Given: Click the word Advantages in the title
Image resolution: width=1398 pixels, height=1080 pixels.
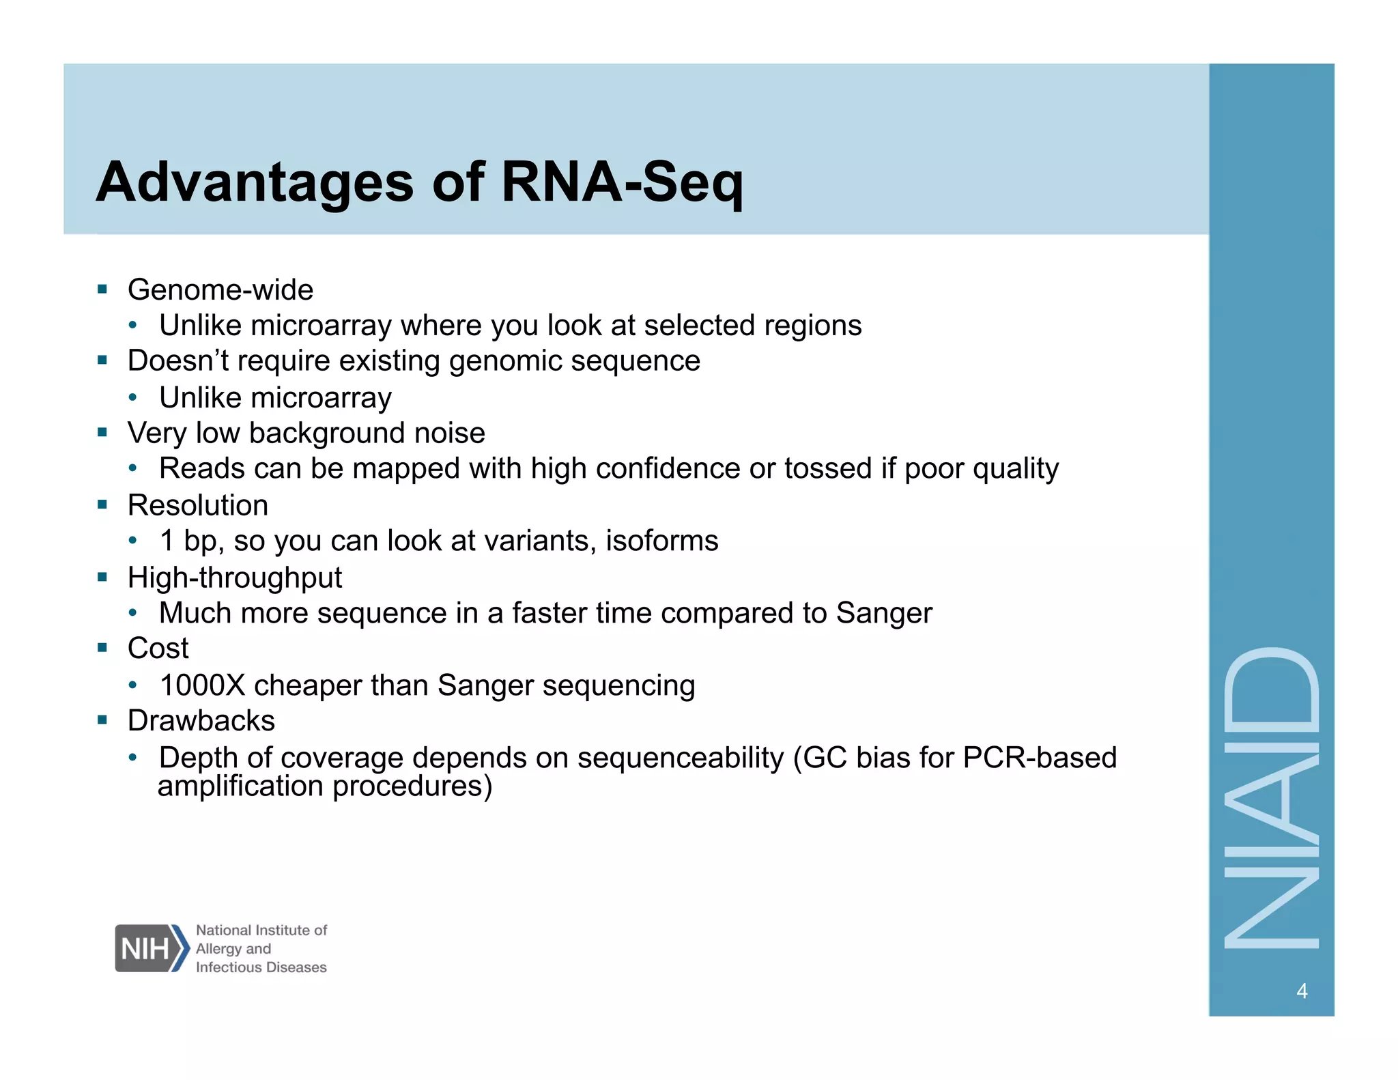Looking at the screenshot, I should click(255, 182).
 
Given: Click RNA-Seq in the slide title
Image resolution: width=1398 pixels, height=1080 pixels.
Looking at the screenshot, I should click(622, 182).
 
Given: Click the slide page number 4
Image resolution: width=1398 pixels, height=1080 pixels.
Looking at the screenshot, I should click(1301, 991).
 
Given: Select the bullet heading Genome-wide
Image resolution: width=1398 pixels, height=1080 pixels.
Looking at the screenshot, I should click(220, 290).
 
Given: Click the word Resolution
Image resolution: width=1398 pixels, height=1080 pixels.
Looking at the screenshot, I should click(198, 506).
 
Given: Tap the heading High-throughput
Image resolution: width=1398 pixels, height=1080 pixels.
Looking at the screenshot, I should click(234, 578).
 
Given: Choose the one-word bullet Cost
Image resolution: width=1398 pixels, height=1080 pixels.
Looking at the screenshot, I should click(158, 649).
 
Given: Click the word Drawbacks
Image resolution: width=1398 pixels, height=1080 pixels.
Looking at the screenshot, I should click(201, 721).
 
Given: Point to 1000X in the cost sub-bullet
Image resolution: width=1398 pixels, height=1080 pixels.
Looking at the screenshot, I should click(202, 685).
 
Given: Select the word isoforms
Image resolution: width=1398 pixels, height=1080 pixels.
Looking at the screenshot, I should click(661, 541).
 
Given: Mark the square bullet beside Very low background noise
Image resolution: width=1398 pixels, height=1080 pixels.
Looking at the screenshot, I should click(103, 432).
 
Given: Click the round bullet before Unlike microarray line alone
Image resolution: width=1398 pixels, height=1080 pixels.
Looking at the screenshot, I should click(134, 397).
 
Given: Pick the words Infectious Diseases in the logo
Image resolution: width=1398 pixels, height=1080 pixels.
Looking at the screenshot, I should click(261, 967).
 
